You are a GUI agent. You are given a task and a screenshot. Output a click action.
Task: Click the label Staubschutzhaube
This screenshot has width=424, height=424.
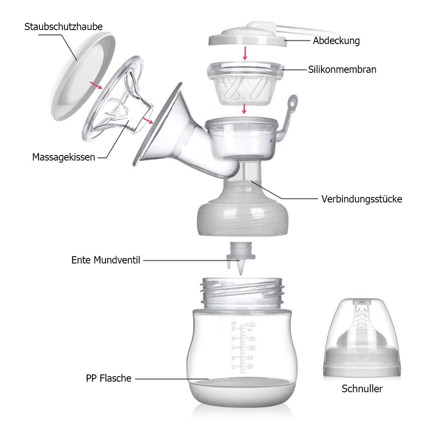click(64, 27)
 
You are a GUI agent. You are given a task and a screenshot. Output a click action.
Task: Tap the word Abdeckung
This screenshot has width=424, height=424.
click(336, 41)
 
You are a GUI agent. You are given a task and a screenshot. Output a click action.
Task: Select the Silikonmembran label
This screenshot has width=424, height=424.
click(342, 69)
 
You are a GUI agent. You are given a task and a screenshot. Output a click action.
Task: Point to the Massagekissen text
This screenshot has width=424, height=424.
click(64, 157)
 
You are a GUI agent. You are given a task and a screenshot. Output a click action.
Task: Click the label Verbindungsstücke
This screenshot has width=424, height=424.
click(362, 199)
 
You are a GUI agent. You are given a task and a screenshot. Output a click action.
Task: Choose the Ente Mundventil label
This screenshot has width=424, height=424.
click(106, 260)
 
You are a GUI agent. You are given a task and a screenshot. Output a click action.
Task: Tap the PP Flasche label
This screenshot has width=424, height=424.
click(109, 378)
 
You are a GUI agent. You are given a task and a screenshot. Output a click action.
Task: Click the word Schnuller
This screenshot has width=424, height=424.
click(362, 388)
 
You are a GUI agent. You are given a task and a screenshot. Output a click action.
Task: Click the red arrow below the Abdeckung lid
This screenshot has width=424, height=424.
click(245, 53)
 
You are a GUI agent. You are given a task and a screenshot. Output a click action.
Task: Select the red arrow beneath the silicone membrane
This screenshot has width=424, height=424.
click(244, 109)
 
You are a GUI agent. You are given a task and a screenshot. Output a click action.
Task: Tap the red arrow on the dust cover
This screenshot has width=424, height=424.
click(96, 85)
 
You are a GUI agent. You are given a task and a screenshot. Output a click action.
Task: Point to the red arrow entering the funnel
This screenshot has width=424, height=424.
click(148, 120)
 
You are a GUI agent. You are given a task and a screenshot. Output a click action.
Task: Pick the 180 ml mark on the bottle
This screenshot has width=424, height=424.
click(251, 324)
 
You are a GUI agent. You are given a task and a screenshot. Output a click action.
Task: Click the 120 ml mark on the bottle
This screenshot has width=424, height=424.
click(251, 348)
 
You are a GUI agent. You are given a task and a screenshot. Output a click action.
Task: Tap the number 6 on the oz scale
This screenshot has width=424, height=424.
click(233, 328)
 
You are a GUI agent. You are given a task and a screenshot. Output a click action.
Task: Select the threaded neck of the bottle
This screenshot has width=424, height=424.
click(243, 292)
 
